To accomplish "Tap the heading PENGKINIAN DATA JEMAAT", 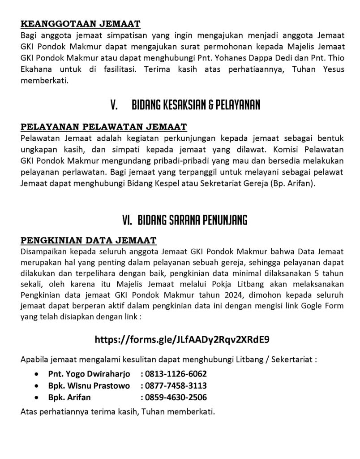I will (x=88, y=240).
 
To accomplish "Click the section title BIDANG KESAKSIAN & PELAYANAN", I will (x=196, y=105).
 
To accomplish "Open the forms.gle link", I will (x=182, y=339).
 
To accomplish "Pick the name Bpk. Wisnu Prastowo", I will (x=89, y=385).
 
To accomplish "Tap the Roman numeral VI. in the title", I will (x=128, y=221).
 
